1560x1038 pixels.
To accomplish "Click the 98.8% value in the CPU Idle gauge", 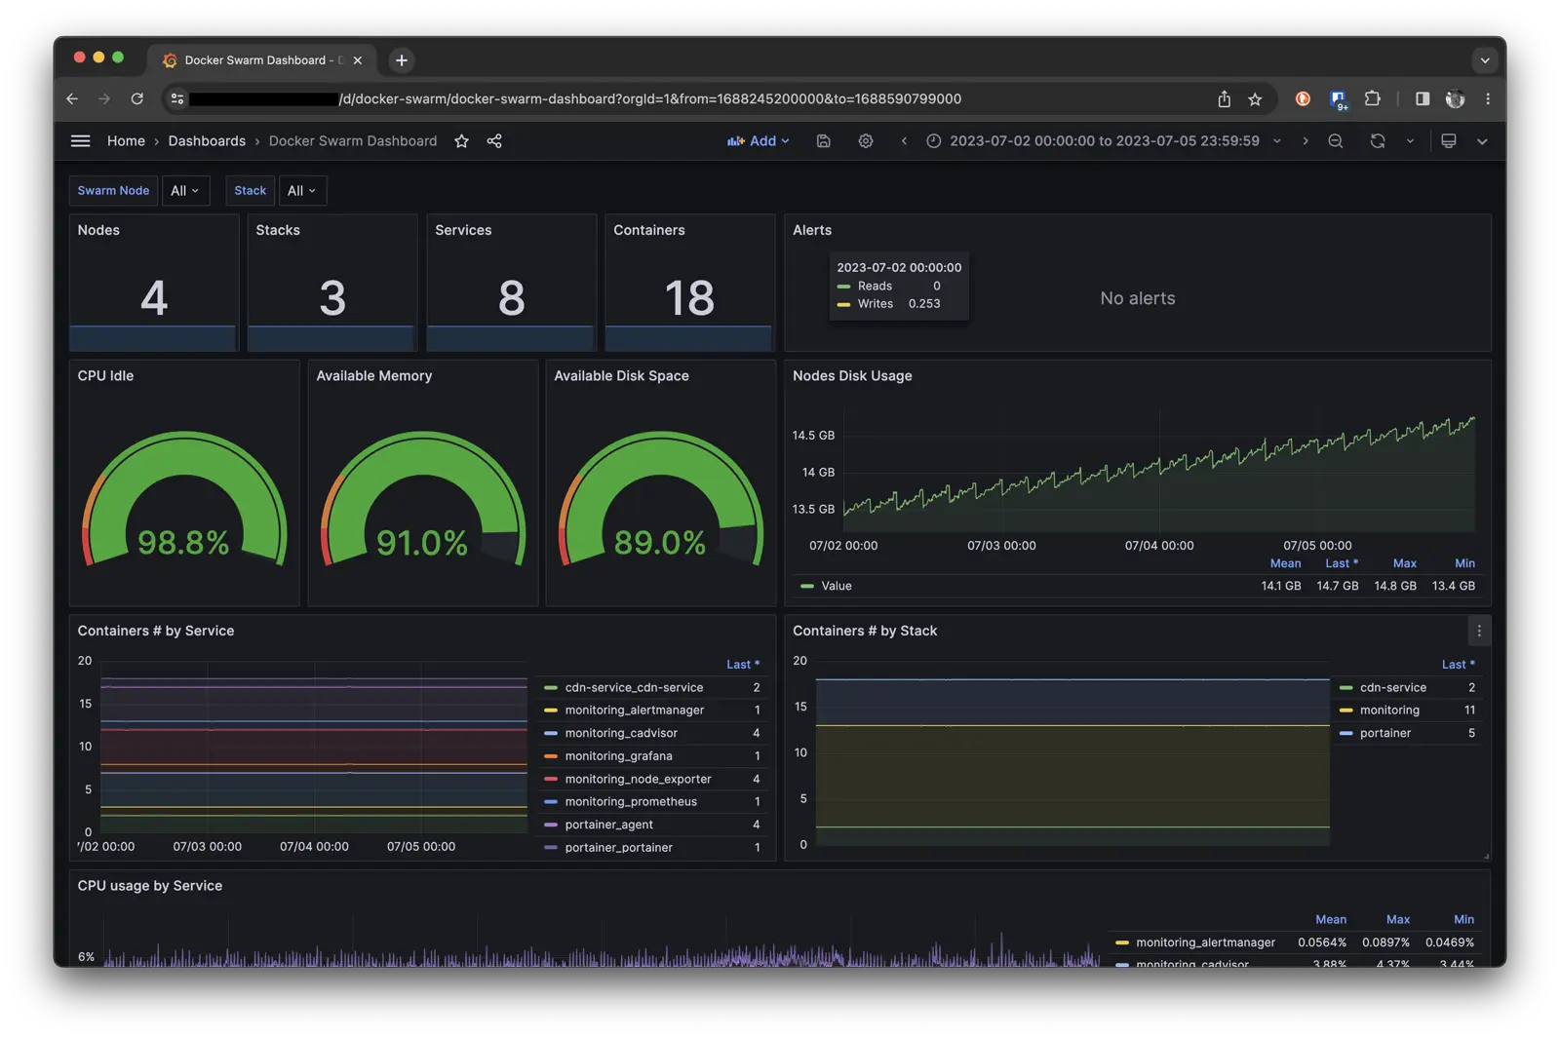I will coord(183,542).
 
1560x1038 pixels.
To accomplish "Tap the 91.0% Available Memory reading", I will coord(422,542).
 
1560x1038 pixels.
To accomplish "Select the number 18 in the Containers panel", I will coord(689,297).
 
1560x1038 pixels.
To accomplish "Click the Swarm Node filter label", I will coord(113,191).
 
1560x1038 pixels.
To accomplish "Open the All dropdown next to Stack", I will coord(302,191).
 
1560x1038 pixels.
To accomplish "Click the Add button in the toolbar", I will coord(758,141).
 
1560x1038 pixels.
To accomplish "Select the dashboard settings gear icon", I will coord(866,141).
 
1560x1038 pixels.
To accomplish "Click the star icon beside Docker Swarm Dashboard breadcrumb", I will coord(462,141).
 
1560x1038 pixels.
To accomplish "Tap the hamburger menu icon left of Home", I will coord(81,141).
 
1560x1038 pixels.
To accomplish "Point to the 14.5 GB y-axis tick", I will coord(813,436).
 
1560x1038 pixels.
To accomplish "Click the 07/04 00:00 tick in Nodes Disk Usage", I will coord(1159,546).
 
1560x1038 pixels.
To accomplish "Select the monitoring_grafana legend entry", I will coord(618,756).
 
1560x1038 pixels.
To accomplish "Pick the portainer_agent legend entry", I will coord(608,825).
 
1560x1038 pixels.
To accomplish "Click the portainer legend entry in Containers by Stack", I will coord(1384,733).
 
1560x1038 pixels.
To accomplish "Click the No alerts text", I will coord(1138,298).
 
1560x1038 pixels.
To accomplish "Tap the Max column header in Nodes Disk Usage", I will coord(1404,563).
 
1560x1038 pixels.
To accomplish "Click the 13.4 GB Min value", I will coord(1453,586).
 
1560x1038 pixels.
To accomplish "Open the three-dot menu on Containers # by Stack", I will coord(1479,631).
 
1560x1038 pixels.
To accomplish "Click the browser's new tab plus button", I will coord(402,60).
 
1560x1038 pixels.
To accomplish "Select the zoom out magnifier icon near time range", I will coord(1336,141).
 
